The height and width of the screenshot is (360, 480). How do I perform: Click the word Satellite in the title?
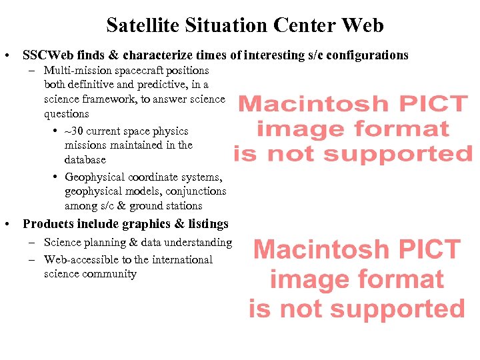[x=142, y=25]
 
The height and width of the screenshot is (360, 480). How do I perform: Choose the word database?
[x=85, y=160]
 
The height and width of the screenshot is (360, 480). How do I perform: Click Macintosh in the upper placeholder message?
[x=309, y=104]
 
